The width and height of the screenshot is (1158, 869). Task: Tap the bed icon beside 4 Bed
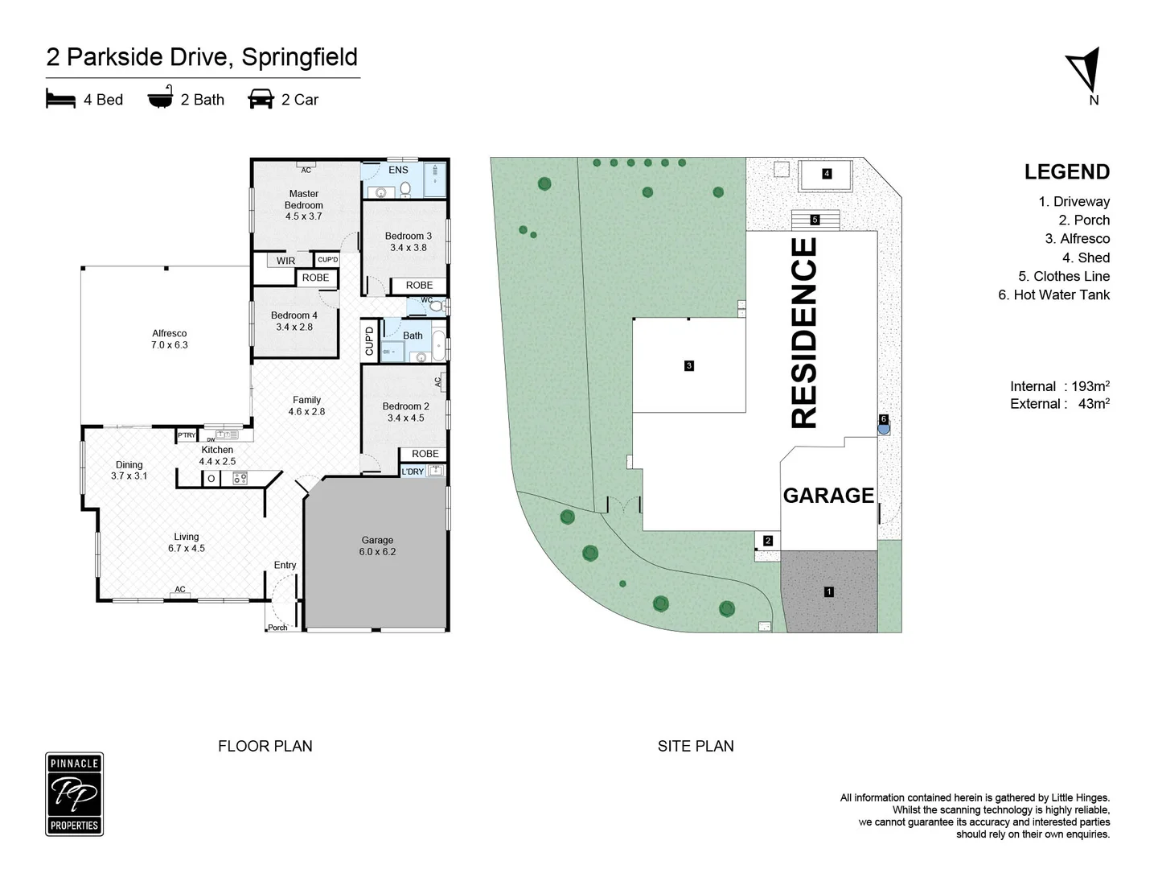(60, 99)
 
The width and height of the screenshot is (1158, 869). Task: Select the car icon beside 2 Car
(261, 99)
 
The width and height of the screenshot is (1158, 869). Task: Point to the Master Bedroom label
(303, 200)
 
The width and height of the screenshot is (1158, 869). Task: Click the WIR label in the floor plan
(285, 261)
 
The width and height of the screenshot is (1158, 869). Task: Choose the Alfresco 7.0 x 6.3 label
(169, 339)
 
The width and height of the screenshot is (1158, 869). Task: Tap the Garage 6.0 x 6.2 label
(377, 546)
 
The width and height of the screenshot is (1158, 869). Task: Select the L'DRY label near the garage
(413, 472)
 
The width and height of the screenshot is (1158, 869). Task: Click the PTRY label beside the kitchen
(187, 435)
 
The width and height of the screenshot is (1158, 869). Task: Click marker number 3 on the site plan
(688, 365)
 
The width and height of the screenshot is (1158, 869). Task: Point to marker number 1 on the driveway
(828, 591)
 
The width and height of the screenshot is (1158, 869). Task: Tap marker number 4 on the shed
(827, 174)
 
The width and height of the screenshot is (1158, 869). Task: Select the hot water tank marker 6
(883, 419)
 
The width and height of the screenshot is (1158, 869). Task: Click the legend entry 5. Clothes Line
(1063, 276)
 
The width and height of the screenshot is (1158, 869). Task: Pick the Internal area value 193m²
(1090, 386)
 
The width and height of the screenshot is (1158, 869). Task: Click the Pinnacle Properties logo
(74, 794)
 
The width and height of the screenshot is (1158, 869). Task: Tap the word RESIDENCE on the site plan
(804, 332)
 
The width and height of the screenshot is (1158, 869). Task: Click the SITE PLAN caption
(696, 746)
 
